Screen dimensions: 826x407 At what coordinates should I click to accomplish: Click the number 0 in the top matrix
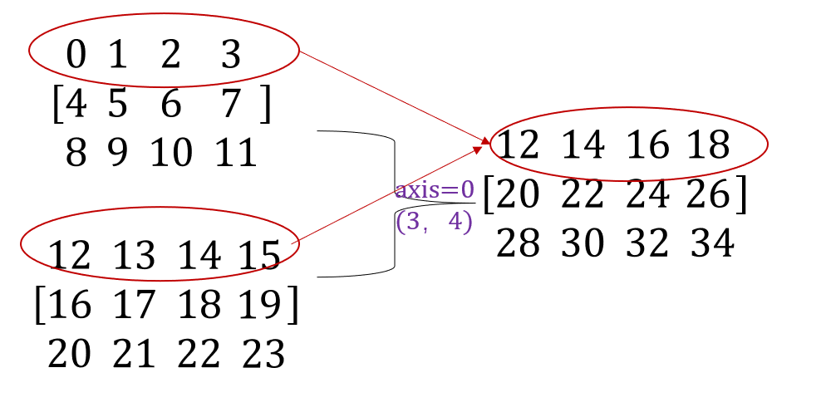click(x=76, y=55)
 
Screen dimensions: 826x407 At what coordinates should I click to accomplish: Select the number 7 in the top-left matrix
click(x=230, y=104)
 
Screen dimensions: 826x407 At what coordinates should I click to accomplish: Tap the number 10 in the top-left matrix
click(x=171, y=154)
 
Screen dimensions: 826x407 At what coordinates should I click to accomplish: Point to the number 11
click(x=236, y=154)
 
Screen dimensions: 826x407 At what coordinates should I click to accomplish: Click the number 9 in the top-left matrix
click(x=117, y=154)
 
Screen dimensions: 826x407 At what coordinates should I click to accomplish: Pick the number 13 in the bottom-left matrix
click(x=134, y=255)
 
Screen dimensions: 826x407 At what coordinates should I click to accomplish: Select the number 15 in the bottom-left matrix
click(x=258, y=255)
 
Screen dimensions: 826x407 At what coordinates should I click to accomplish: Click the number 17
click(x=134, y=305)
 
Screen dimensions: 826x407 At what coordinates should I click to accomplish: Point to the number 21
click(x=134, y=355)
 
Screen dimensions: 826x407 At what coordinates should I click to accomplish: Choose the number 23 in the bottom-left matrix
click(x=263, y=355)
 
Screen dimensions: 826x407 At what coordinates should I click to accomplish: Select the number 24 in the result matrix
click(x=647, y=194)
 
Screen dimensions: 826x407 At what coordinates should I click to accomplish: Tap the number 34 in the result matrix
click(x=712, y=243)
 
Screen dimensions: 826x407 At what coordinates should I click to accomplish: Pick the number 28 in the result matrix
click(x=519, y=243)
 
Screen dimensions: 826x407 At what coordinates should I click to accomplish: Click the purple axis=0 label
click(x=435, y=190)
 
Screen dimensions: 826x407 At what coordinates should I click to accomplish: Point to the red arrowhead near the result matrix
click(x=484, y=143)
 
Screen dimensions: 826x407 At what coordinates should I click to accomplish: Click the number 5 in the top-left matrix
click(x=117, y=104)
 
